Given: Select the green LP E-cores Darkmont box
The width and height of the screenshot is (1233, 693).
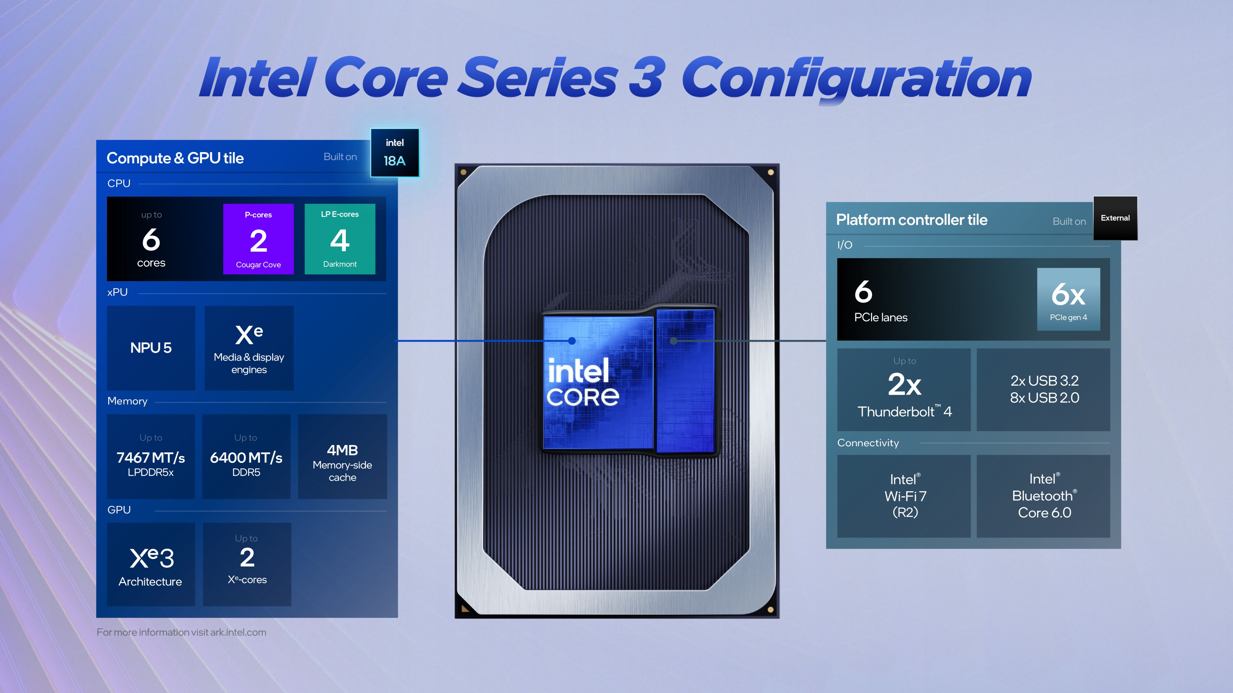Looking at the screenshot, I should (x=340, y=239).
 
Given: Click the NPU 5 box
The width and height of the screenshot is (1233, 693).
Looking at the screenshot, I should (x=151, y=348).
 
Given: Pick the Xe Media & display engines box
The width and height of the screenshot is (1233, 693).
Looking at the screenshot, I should (x=249, y=348).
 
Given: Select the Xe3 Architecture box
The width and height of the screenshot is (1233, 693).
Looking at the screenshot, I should (x=151, y=564).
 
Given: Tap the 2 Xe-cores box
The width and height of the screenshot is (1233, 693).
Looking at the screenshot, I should (x=247, y=564).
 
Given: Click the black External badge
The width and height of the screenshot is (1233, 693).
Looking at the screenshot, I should (x=1115, y=218).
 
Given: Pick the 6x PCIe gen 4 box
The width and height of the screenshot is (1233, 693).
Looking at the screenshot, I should (x=1068, y=299).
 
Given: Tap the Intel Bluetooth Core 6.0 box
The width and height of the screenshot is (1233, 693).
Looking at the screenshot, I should (x=1044, y=496).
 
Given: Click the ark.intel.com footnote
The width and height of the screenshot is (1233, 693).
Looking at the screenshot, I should (x=181, y=632).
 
